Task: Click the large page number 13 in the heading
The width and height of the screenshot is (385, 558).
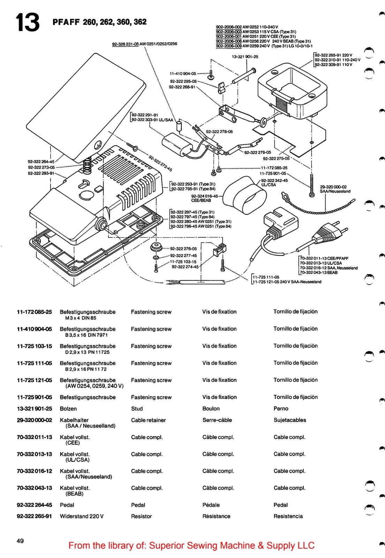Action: point(27,22)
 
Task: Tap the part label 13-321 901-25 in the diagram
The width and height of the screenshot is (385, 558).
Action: point(245,56)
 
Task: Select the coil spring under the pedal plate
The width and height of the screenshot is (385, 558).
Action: point(87,165)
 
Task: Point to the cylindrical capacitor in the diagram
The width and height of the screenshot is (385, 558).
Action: point(177,143)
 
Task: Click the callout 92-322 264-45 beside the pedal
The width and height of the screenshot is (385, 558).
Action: point(41,161)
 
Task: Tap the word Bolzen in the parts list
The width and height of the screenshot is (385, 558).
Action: point(68,409)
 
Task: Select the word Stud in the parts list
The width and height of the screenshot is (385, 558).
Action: point(137,409)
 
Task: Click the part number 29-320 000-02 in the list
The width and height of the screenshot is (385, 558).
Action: point(35,420)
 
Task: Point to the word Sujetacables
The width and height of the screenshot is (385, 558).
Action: point(290,420)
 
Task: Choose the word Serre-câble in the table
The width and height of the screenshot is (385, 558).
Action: point(217,420)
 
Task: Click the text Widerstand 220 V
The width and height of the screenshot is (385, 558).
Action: point(82,516)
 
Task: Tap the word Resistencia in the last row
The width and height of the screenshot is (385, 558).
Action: point(288,516)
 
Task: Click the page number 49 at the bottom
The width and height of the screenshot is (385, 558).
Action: point(20,541)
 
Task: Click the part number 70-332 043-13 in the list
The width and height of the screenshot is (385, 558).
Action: point(35,488)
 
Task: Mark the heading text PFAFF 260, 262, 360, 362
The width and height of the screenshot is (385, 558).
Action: point(99,22)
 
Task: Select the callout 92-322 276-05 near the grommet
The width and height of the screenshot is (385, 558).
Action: point(183,249)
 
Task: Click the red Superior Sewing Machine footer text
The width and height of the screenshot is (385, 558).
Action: point(191,546)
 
